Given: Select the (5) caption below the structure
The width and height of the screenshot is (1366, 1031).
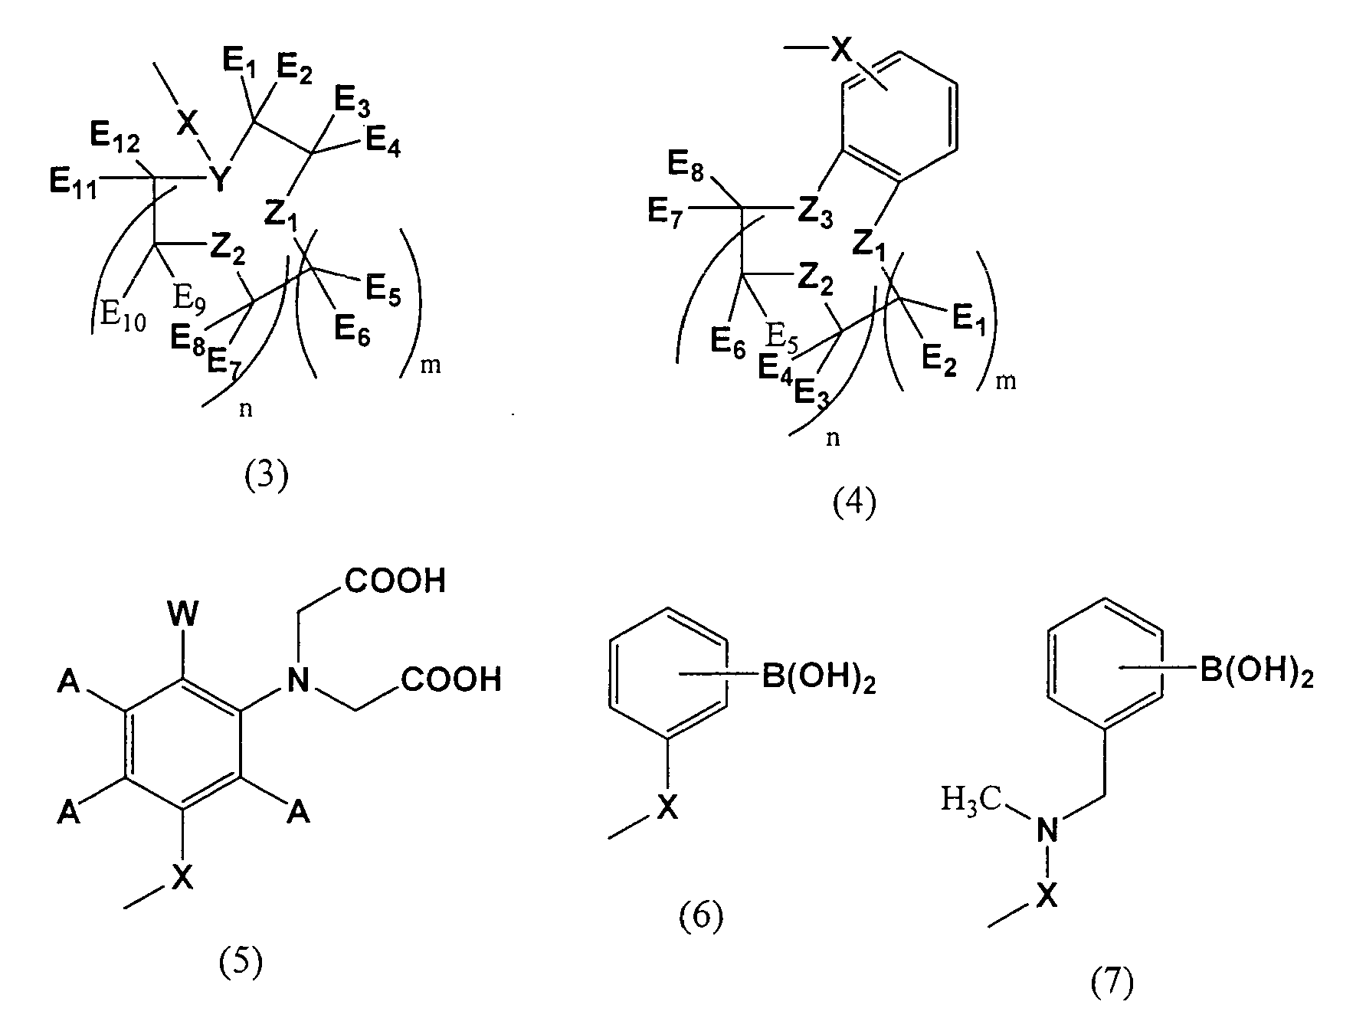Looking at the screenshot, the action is coord(241,963).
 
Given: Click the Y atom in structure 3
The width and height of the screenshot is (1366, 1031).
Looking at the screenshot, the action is coord(221,180).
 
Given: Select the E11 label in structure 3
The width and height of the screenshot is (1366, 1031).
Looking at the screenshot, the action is coord(74,184).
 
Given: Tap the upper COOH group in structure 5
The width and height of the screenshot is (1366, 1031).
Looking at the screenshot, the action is coord(395,581).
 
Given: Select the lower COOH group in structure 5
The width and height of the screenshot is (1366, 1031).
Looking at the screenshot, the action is coord(450,679).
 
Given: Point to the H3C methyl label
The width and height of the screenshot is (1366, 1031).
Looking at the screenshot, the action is coord(971,801).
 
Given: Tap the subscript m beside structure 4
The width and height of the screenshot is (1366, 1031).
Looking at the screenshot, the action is coord(1006,381).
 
